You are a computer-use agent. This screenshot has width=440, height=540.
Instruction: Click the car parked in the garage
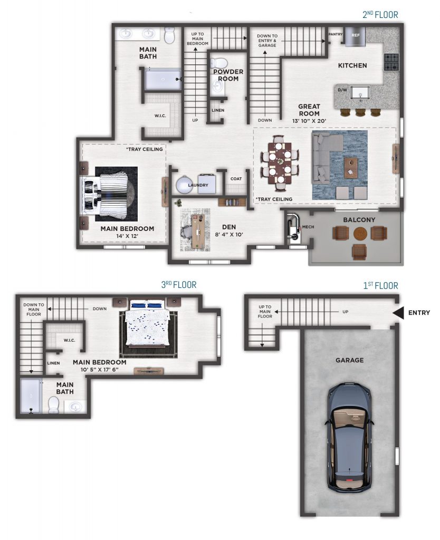[x=350, y=437]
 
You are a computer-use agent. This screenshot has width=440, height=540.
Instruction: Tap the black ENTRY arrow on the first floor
[x=398, y=313]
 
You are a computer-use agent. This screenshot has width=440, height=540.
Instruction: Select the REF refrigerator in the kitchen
[x=355, y=36]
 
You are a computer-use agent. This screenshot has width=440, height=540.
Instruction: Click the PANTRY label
[x=335, y=34]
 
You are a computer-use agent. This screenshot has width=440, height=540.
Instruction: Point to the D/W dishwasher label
[x=342, y=90]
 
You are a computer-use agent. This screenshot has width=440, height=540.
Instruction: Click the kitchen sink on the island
[x=360, y=93]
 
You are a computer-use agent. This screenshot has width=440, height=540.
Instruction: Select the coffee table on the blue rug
[x=351, y=168]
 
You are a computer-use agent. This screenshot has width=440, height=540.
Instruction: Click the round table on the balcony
[x=360, y=234]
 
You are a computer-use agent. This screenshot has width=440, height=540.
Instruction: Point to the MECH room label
[x=308, y=227]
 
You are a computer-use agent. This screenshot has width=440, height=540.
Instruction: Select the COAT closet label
[x=236, y=179]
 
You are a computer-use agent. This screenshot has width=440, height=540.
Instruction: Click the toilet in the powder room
[x=218, y=63]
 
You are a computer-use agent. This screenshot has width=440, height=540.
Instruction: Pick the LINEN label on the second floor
[x=218, y=110]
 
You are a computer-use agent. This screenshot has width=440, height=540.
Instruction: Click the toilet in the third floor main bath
[x=54, y=404]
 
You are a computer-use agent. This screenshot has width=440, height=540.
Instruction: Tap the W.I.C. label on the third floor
[x=69, y=340]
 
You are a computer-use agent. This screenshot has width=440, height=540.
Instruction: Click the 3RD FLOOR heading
[x=179, y=285]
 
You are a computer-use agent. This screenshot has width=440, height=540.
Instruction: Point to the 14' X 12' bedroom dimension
[x=127, y=236]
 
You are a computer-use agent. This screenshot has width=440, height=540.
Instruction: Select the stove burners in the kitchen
[x=391, y=62]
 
